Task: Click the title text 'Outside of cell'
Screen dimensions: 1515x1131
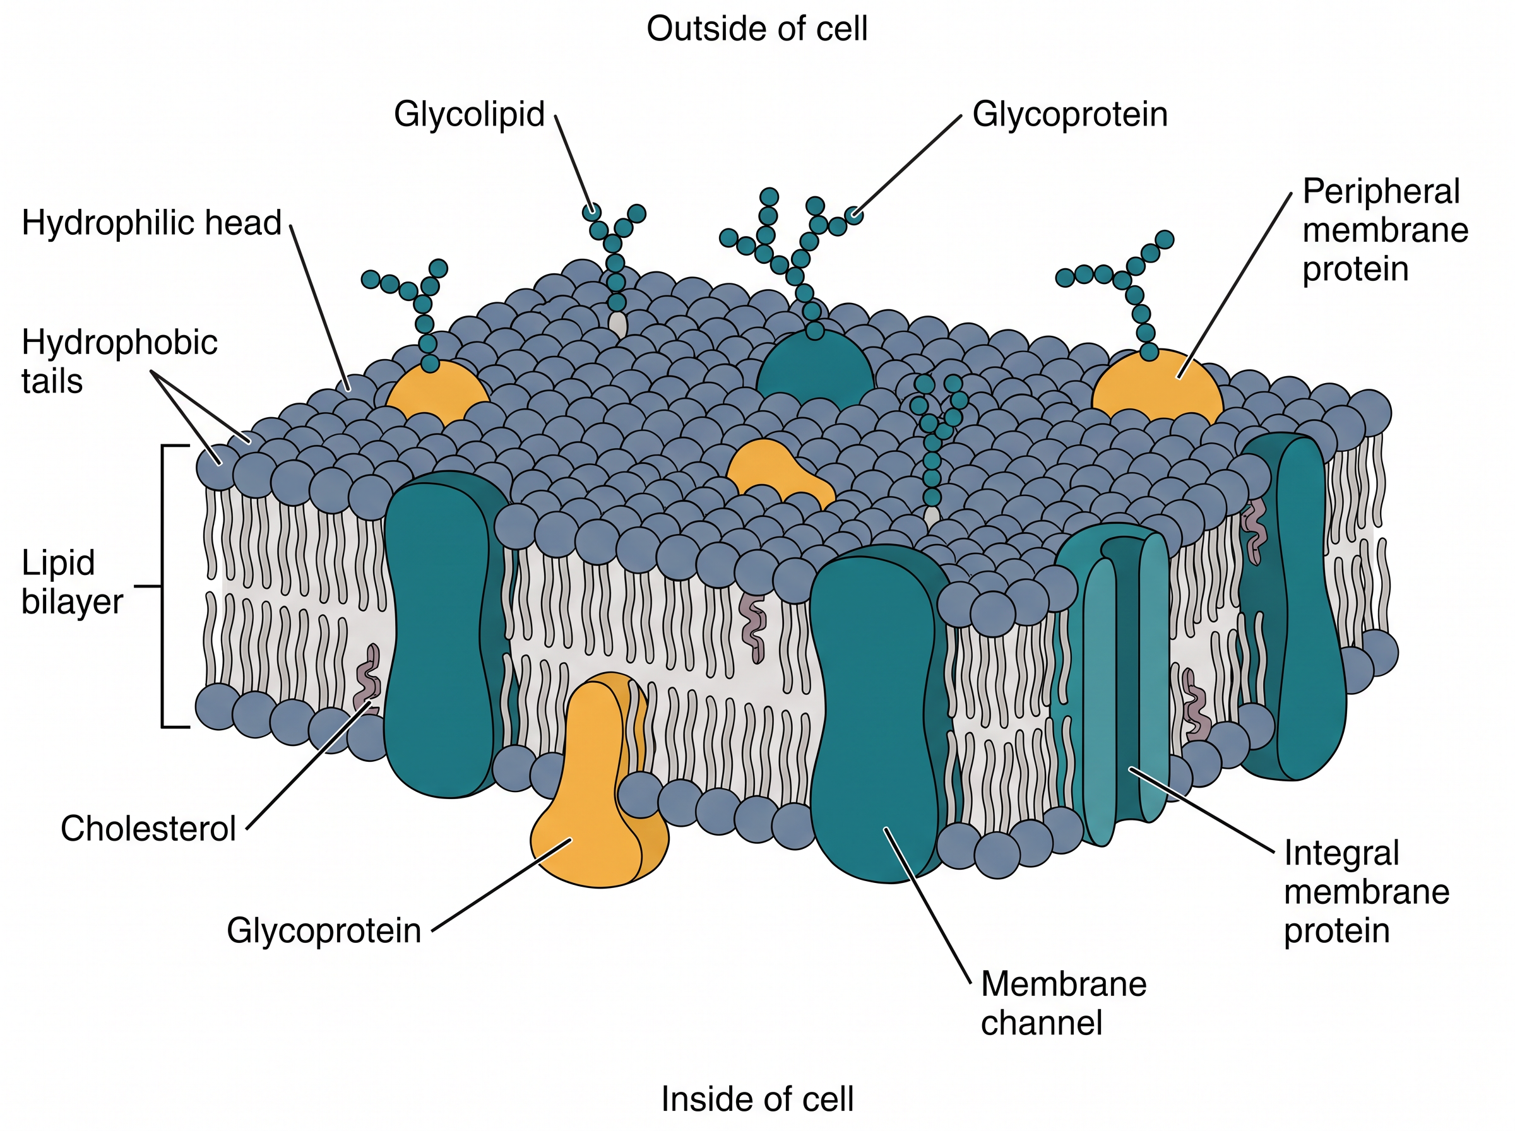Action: [756, 30]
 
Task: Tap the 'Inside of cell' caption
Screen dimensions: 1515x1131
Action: [757, 1099]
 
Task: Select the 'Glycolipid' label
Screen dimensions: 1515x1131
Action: [469, 114]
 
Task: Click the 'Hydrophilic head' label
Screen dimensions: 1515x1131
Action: [151, 223]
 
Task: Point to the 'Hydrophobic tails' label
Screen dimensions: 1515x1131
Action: [120, 362]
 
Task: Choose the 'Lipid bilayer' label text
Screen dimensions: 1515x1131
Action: [72, 582]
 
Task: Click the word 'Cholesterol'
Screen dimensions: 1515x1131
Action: [148, 829]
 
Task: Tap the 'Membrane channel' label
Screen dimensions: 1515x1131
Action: [1063, 1004]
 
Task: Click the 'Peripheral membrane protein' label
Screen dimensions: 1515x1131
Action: [1385, 230]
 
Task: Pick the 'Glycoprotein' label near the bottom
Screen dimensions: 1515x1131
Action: [324, 931]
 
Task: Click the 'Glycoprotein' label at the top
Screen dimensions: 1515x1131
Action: [1070, 114]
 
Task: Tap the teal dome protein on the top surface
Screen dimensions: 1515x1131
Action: [815, 370]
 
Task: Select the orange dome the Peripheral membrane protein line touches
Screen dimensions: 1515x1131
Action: [1157, 387]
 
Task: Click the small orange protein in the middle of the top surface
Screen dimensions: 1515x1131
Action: [777, 472]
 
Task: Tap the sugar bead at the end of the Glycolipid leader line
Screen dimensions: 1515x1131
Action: [592, 211]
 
